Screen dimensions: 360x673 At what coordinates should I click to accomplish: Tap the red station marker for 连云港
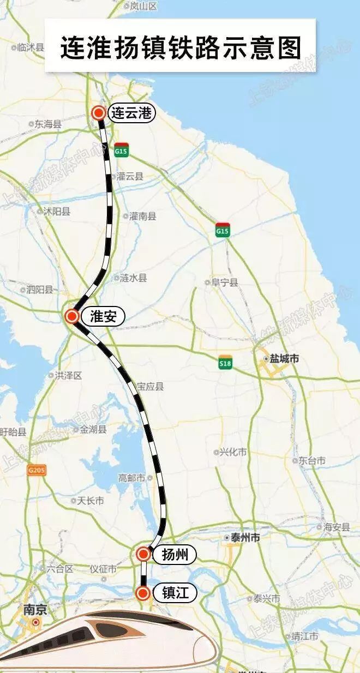pos(99,113)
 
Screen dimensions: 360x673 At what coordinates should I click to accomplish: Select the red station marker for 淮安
pos(71,316)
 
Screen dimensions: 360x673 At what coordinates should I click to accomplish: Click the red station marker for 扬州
pos(143,554)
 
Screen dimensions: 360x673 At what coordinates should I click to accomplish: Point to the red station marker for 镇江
pos(143,593)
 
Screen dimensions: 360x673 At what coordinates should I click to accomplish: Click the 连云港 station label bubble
pos(131,113)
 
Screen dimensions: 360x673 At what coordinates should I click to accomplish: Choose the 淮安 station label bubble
pos(103,316)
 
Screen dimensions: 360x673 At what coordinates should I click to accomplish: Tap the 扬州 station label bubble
pos(174,555)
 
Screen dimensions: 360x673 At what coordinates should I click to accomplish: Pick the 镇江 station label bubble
pos(175,593)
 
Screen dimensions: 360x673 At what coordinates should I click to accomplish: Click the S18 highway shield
pos(225,363)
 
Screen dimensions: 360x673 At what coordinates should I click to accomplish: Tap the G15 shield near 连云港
pos(121,149)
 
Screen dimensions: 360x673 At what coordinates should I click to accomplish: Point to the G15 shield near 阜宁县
pos(223,230)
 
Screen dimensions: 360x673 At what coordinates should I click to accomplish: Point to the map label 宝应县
pos(150,387)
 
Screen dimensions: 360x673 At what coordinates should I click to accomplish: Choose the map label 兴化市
pos(233,452)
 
